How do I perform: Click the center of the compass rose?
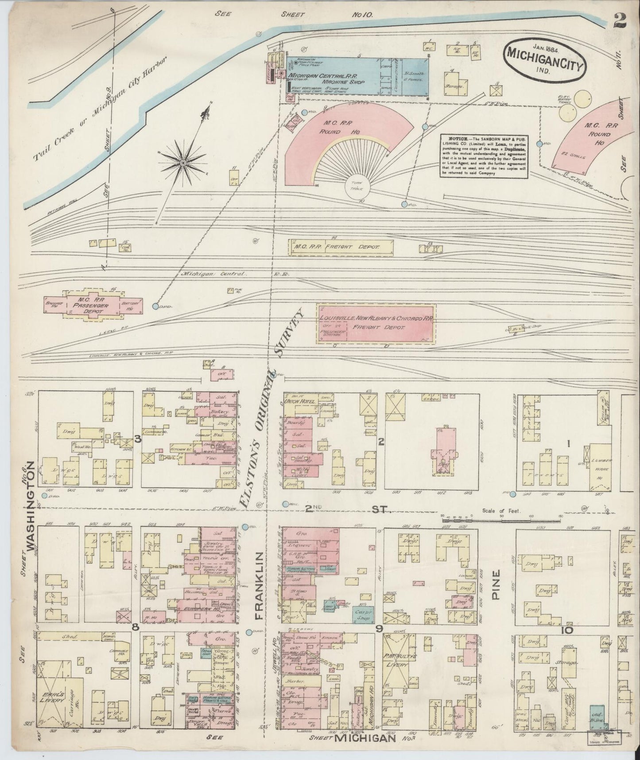[x=182, y=164]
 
